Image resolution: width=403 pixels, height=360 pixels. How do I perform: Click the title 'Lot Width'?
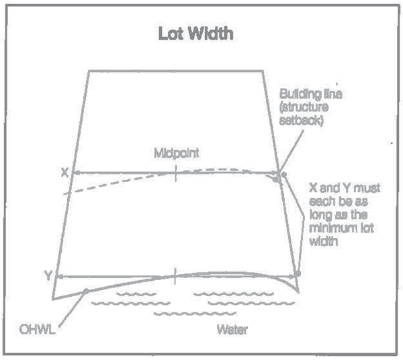[x=195, y=34]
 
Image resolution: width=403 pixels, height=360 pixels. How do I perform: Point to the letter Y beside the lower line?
[x=48, y=275]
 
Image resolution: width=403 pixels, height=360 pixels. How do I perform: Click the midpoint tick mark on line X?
[x=175, y=173]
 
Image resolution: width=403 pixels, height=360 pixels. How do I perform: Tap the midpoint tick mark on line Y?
[x=175, y=275]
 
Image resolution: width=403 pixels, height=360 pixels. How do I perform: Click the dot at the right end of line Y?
[x=298, y=274]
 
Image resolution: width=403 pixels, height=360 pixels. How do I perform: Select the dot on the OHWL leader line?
[x=86, y=291]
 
